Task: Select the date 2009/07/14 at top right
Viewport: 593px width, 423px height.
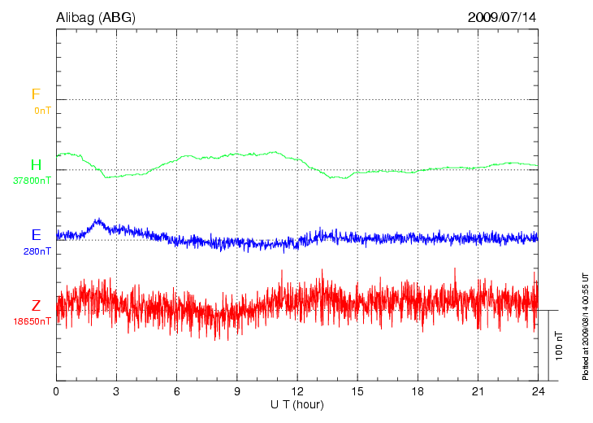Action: pyautogui.click(x=501, y=16)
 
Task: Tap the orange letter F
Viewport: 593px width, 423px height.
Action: pyautogui.click(x=36, y=94)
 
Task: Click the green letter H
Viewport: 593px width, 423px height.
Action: pyautogui.click(x=36, y=165)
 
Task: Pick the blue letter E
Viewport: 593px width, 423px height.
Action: pyautogui.click(x=36, y=235)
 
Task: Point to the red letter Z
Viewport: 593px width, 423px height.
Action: pyautogui.click(x=36, y=306)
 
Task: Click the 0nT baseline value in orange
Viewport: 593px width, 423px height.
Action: pyautogui.click(x=42, y=110)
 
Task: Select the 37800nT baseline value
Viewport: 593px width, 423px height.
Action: pyautogui.click(x=32, y=181)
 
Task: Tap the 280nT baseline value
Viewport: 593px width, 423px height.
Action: pyautogui.click(x=37, y=251)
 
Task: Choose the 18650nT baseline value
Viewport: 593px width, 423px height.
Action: pyautogui.click(x=32, y=321)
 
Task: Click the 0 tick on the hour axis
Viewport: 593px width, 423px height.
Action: pyautogui.click(x=56, y=392)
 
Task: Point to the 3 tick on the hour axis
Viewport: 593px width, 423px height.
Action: pyautogui.click(x=116, y=392)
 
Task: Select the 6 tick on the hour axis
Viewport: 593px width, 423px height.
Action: pyautogui.click(x=176, y=392)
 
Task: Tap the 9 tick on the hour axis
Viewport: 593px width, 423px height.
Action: pyautogui.click(x=236, y=392)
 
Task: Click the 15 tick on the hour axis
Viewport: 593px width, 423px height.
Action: pyautogui.click(x=357, y=392)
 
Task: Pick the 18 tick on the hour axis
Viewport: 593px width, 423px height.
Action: pyautogui.click(x=417, y=392)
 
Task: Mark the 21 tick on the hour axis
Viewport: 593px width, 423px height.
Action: pyautogui.click(x=477, y=392)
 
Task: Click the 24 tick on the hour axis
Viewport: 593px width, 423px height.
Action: pyautogui.click(x=537, y=392)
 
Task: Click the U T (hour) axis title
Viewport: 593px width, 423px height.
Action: pyautogui.click(x=296, y=404)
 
